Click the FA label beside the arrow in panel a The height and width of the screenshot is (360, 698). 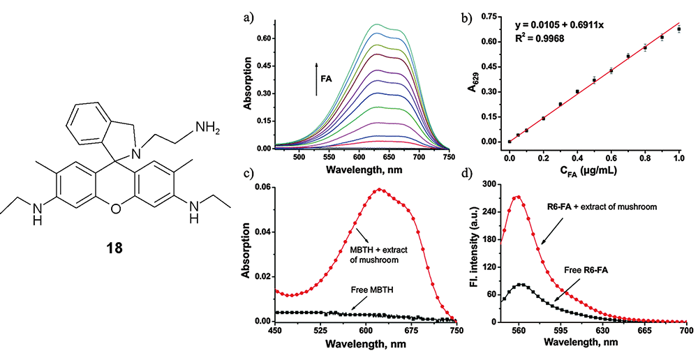[x=326, y=80]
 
